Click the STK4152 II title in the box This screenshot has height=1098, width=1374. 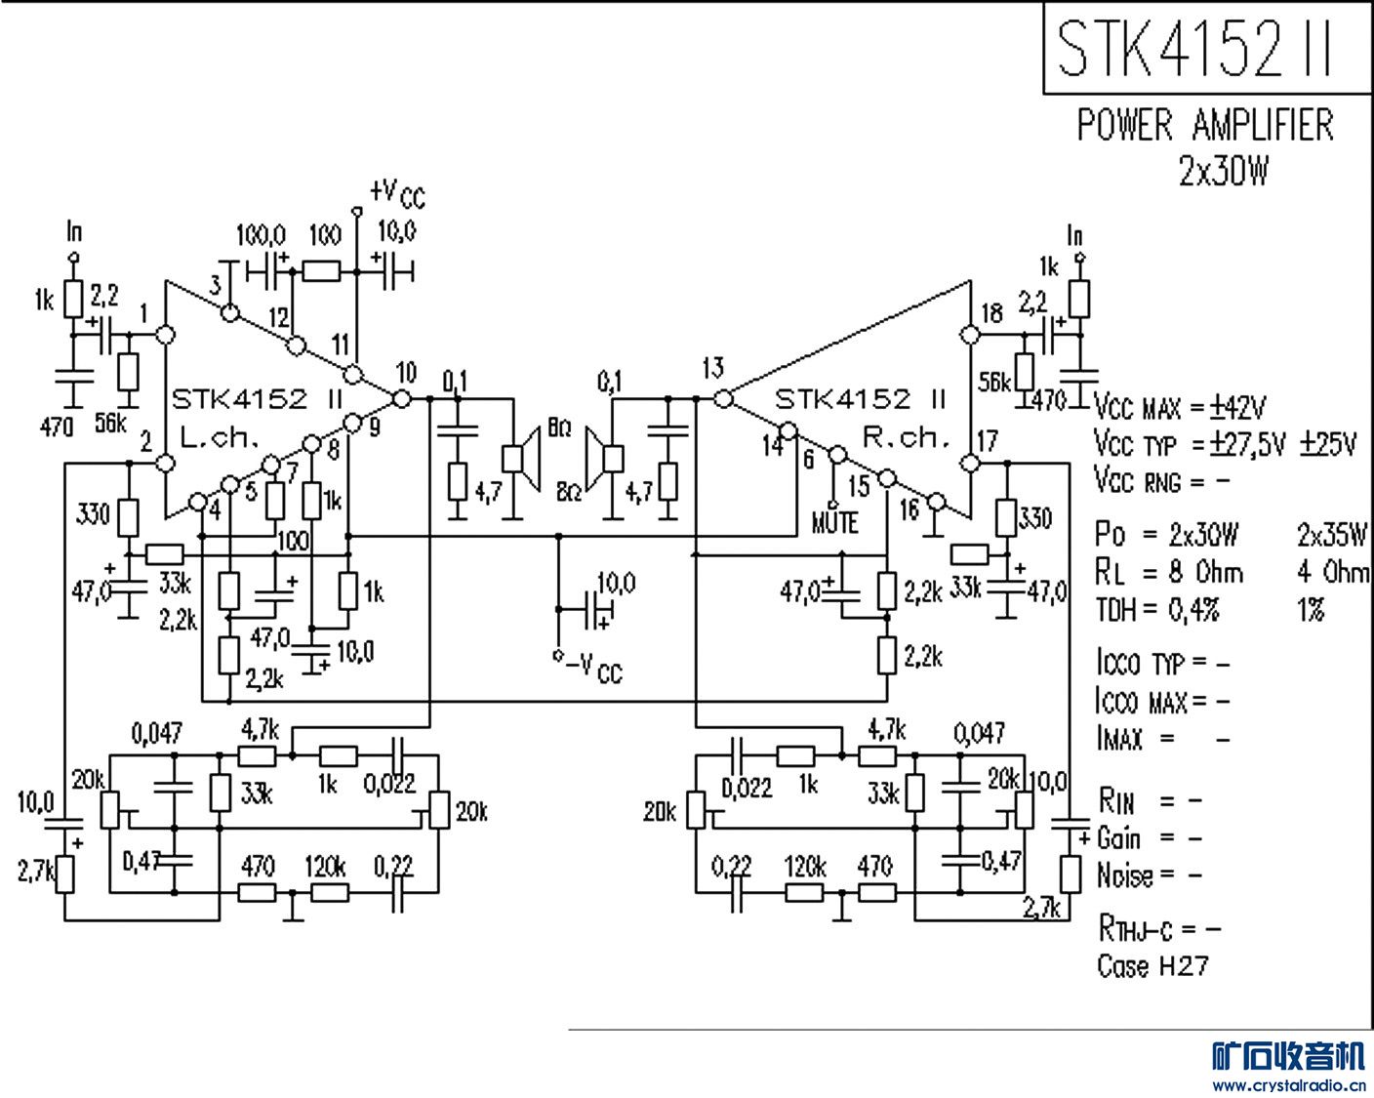[x=1194, y=48]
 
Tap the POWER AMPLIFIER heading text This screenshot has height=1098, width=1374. [x=1204, y=125]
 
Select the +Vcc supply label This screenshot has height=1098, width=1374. [x=397, y=192]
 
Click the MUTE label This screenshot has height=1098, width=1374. [x=834, y=523]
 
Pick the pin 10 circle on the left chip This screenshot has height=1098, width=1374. [x=400, y=398]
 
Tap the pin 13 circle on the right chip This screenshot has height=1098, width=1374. [x=722, y=398]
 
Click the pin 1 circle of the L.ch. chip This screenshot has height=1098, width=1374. [x=165, y=335]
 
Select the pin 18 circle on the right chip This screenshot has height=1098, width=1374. [x=969, y=335]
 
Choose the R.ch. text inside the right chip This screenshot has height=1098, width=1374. [x=907, y=437]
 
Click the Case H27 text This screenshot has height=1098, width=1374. [x=1152, y=966]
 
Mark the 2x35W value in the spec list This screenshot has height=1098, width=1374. [x=1332, y=534]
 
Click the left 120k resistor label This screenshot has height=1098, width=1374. [x=325, y=867]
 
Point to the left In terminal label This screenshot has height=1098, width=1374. [x=74, y=231]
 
